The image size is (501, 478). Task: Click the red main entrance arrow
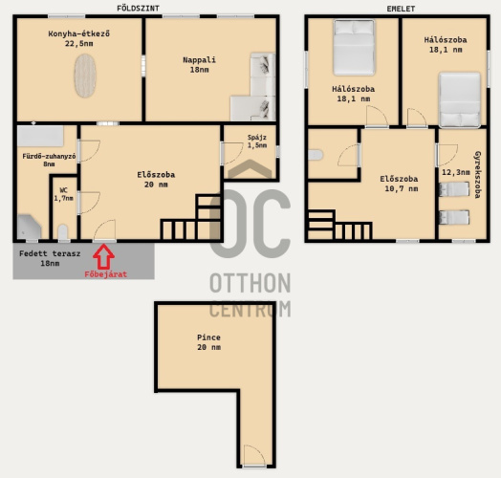coord(103,256)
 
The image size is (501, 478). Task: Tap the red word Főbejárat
coord(106,274)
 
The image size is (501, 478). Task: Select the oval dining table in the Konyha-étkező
coord(85,76)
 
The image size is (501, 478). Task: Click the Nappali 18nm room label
coord(200,65)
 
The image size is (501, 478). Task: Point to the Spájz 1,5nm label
coord(257,141)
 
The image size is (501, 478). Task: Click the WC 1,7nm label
coord(64,194)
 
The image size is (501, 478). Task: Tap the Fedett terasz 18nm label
coord(50,258)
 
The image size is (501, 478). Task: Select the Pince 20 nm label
coord(209,342)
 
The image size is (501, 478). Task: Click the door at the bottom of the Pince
coord(254,456)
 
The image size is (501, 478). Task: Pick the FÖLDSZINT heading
coord(138,9)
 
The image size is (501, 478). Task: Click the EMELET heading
coord(401,9)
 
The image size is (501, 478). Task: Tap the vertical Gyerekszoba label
coord(478,174)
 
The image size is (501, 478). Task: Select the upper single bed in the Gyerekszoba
coord(454,189)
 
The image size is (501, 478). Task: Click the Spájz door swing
coord(232,153)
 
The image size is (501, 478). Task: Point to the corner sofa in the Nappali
coord(253,87)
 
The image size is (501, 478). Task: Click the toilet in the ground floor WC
coord(63,232)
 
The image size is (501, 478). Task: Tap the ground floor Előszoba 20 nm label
coord(156,180)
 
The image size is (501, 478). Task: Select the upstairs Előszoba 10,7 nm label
coord(399,184)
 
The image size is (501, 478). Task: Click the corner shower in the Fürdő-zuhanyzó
coord(29,227)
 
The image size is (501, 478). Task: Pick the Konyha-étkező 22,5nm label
coord(79,38)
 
